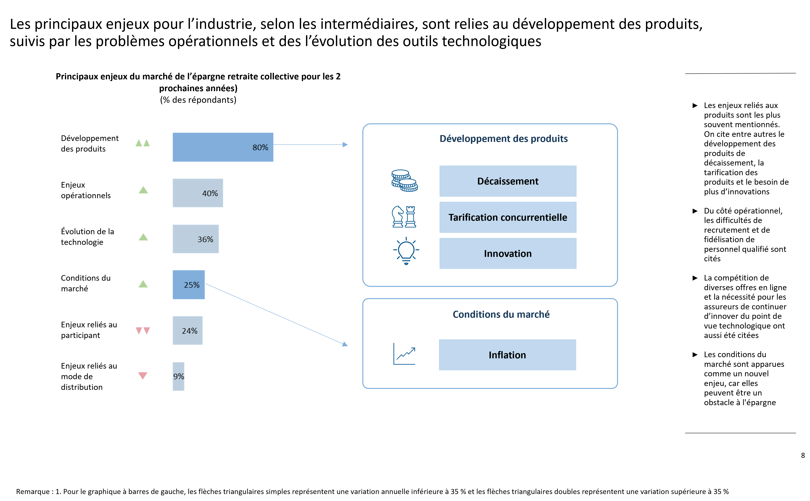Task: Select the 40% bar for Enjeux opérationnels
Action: click(198, 193)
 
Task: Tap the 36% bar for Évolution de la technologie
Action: click(195, 239)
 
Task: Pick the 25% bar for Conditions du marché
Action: click(189, 285)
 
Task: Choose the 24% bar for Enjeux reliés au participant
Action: click(188, 330)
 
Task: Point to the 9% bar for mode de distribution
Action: click(178, 376)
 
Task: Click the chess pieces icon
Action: click(404, 217)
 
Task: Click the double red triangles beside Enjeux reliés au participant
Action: click(143, 331)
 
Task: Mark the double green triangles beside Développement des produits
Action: click(143, 143)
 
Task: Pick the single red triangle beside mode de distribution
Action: click(143, 375)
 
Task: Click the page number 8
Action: click(803, 455)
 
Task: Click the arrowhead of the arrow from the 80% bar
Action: click(345, 144)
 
